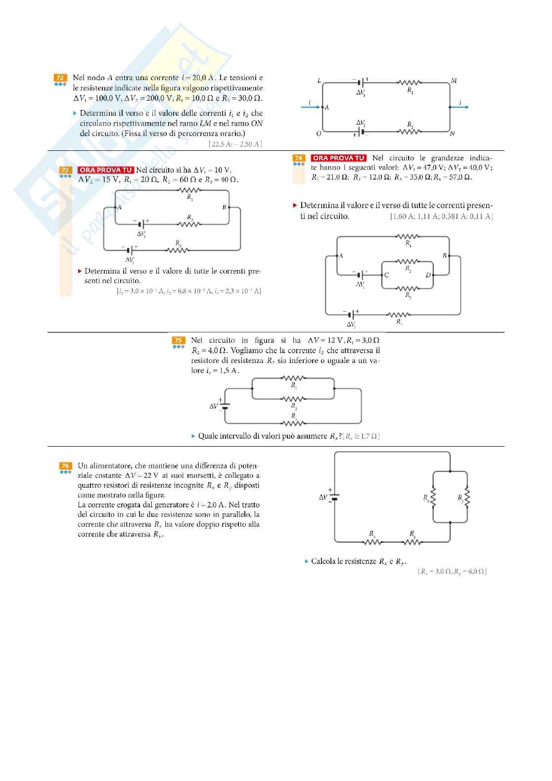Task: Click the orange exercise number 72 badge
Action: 60,78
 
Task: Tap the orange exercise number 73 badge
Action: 65,170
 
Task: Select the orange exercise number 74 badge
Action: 298,158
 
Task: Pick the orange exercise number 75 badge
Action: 178,340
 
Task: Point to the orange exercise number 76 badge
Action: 65,466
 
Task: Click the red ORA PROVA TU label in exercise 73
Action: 106,170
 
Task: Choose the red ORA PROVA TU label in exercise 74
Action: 338,158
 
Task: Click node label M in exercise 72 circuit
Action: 454,81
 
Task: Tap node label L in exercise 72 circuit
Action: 319,81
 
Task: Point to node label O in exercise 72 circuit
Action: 319,134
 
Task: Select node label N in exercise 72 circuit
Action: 452,134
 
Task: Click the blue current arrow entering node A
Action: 311,107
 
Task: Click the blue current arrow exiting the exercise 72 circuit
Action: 460,107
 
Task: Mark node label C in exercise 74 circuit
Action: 386,276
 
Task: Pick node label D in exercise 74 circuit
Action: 428,276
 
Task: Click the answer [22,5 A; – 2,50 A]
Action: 235,144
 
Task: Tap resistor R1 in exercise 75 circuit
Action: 294,379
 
